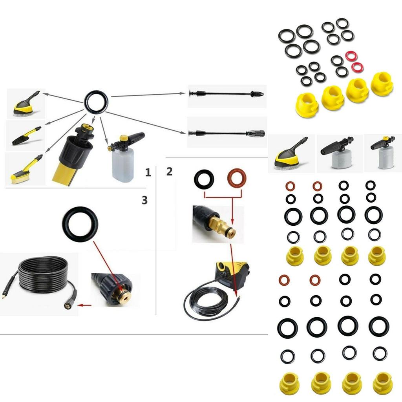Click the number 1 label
(x=148, y=172)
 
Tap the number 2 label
(x=169, y=172)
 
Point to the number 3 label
(x=144, y=200)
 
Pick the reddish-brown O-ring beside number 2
(x=237, y=178)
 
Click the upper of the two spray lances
(x=226, y=94)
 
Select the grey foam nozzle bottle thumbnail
(x=336, y=153)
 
